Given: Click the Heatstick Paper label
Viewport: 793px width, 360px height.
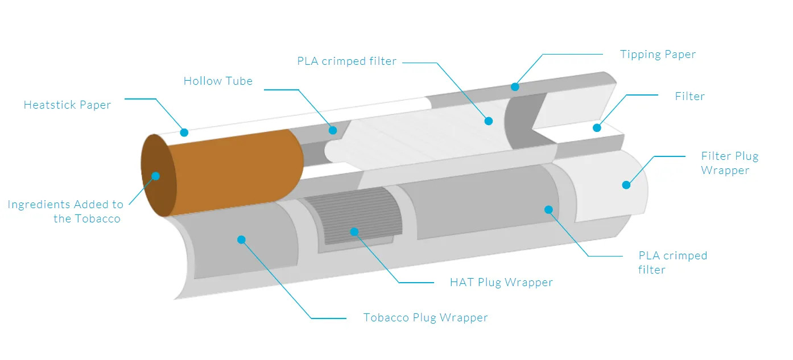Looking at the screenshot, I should (67, 105).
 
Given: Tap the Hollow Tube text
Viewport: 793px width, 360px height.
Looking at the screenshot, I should (218, 81).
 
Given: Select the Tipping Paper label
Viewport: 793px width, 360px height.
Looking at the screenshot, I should (658, 55).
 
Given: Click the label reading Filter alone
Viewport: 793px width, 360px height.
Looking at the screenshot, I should (689, 96).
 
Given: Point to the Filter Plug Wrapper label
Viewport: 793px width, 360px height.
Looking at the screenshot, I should (729, 163).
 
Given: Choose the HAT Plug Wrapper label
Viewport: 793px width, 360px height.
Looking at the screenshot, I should (501, 282).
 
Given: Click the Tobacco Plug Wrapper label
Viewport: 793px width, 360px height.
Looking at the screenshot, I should (426, 317).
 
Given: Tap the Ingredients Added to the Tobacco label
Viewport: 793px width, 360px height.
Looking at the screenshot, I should (65, 212).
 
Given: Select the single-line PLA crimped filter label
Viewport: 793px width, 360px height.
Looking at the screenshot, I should (346, 61).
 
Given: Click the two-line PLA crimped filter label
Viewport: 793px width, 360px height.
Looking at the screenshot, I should (672, 262).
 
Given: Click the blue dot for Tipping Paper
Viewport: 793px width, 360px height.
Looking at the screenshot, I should (515, 87).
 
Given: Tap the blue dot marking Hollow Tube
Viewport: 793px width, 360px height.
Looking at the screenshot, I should (333, 130).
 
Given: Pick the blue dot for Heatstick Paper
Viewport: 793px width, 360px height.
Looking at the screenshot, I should (184, 133).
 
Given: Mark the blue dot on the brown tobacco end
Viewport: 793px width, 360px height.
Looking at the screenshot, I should (155, 176).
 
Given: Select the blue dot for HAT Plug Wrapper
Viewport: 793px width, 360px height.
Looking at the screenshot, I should (354, 231).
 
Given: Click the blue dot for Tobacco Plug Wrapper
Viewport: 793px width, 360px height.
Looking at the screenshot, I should (241, 239).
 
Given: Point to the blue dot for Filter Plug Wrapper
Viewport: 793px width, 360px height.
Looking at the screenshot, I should (626, 184).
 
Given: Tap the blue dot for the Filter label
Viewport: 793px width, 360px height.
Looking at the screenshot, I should (597, 127).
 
